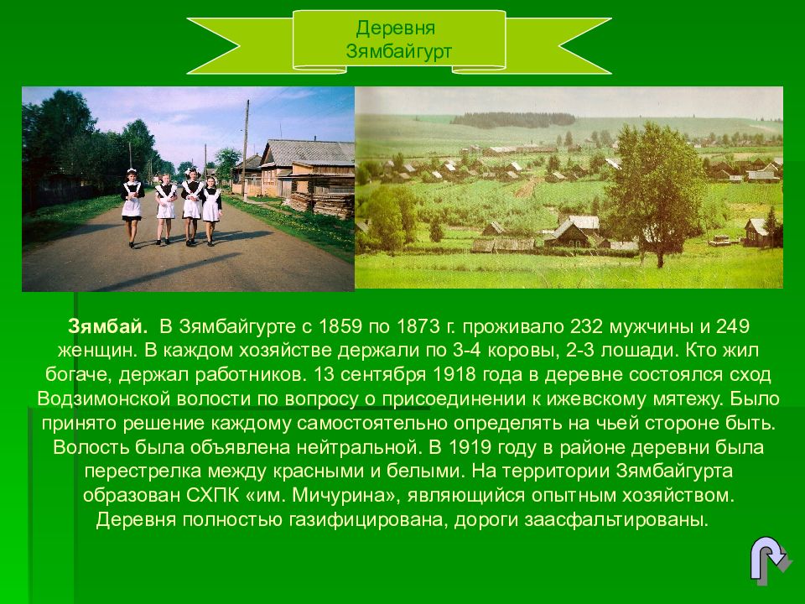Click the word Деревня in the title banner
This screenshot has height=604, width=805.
point(399,29)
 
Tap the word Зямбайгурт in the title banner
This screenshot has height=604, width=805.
point(399,51)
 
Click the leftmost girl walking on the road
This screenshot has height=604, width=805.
point(132,206)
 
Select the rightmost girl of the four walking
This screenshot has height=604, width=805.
point(211,208)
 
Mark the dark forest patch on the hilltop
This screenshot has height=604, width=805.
point(512,120)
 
